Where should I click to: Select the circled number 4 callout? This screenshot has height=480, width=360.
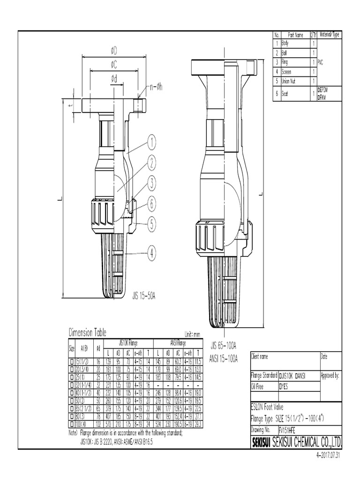(x=151, y=254)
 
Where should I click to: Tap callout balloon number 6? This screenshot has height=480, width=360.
(x=151, y=204)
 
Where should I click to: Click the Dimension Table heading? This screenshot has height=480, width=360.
(x=87, y=333)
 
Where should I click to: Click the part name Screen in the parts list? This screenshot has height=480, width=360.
(x=286, y=72)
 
